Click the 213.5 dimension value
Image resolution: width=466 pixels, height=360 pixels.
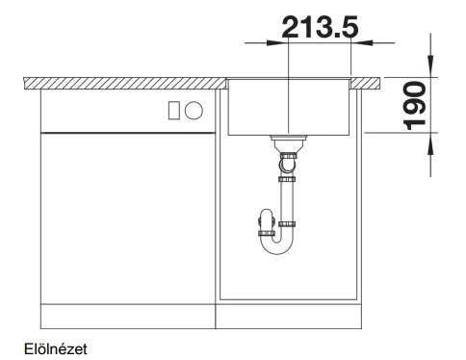pos(320,27)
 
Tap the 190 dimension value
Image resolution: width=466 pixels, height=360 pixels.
pos(414,106)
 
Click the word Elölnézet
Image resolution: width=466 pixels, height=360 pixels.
pos(56,349)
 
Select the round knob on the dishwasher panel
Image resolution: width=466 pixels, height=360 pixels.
pos(194,111)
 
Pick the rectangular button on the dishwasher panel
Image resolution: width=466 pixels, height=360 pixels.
pos(174,111)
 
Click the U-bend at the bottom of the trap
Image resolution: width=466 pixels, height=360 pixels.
pos(276,245)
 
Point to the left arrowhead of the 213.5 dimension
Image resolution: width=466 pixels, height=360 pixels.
pos(274,42)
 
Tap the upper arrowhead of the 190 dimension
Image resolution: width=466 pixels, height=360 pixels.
pos(430,65)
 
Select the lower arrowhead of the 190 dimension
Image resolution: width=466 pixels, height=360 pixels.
pos(430,143)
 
